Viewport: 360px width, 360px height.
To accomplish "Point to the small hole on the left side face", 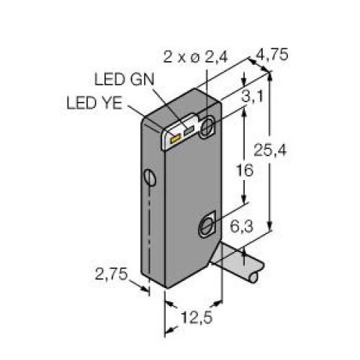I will (150, 177).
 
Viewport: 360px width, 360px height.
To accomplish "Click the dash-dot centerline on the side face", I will (150, 230).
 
